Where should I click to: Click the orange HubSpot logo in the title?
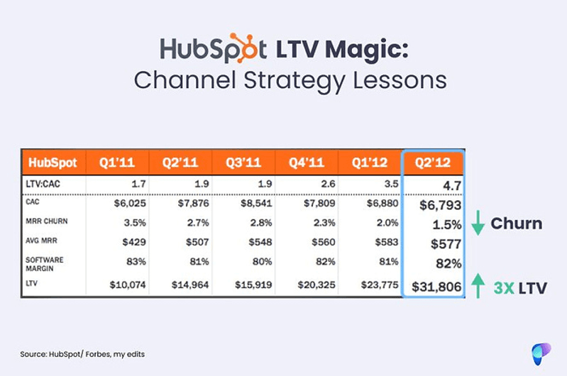(x=214, y=48)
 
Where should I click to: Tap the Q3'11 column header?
(x=243, y=162)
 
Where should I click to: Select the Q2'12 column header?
(x=433, y=162)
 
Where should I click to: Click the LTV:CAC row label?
(x=43, y=184)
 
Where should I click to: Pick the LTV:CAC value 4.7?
(x=452, y=186)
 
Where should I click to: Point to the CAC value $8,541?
(x=256, y=203)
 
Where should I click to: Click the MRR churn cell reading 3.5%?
(x=135, y=223)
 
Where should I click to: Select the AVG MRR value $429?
(x=134, y=242)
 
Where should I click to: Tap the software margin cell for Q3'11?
(x=262, y=261)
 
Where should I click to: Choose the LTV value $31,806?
(x=436, y=287)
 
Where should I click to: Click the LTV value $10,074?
(x=128, y=285)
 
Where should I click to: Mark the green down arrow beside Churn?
(x=478, y=223)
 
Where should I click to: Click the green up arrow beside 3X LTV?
(x=478, y=286)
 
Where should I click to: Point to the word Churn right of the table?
(x=517, y=223)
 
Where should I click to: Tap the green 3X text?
(x=504, y=288)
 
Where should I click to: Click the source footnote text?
(x=82, y=354)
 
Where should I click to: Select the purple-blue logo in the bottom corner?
(x=541, y=353)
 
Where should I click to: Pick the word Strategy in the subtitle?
(x=294, y=82)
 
